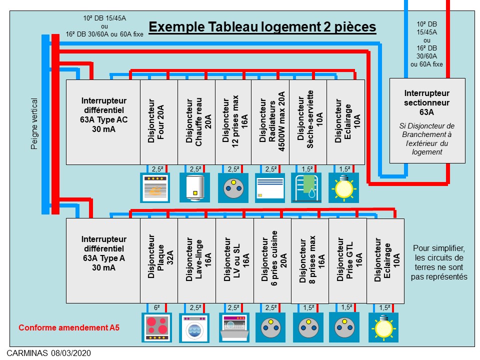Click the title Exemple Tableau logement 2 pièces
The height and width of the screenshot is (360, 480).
(x=262, y=27)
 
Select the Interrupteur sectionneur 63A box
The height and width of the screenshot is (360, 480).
(x=427, y=120)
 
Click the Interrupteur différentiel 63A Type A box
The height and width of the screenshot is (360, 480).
(x=103, y=260)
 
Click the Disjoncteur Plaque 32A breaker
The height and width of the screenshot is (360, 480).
(x=159, y=260)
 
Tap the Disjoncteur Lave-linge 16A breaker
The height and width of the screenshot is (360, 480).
(x=196, y=260)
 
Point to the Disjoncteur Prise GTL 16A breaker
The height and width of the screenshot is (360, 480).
(x=347, y=260)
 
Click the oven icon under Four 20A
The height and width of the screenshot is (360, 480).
(x=155, y=187)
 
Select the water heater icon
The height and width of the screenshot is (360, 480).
(x=194, y=187)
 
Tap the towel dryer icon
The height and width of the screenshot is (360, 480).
(x=306, y=187)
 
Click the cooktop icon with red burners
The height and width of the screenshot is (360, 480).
(x=156, y=327)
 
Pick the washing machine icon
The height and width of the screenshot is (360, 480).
(x=194, y=327)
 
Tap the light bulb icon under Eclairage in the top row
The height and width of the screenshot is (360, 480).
(x=343, y=187)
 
